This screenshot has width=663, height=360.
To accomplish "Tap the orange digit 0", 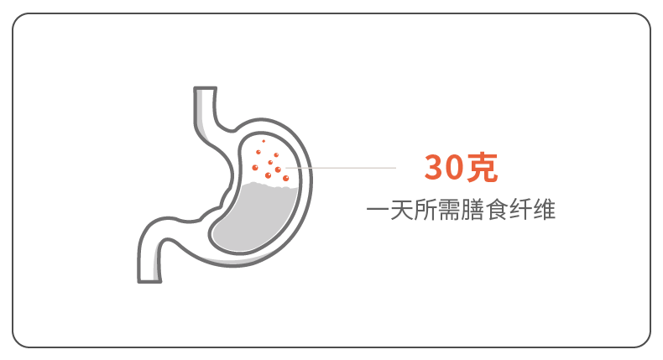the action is tap(456, 168).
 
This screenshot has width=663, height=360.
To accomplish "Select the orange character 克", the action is tap(483, 168).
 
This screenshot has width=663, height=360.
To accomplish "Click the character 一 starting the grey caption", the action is tap(377, 210).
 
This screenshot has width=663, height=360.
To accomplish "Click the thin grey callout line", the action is tap(344, 167).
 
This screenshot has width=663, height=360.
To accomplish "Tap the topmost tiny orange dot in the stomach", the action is tap(264, 141).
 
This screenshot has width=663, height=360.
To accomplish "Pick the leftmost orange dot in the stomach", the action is tap(255, 167).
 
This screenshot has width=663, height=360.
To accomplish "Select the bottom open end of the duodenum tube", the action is tap(147, 279).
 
